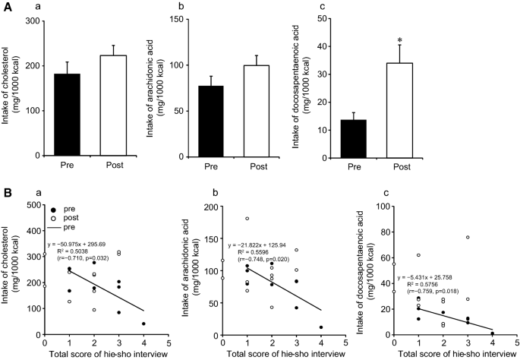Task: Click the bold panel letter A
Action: click(7, 7)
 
